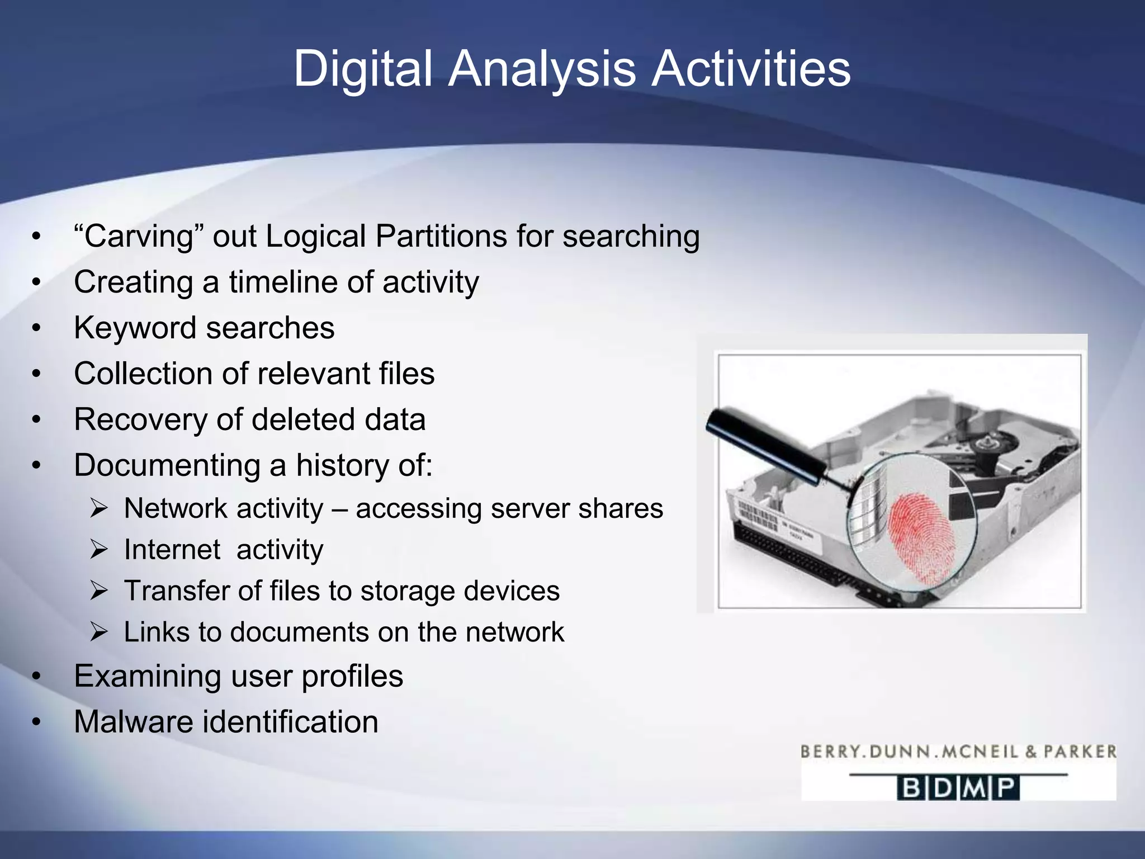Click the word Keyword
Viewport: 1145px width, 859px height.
[x=134, y=328]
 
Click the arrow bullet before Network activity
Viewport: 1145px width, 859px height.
[x=99, y=509]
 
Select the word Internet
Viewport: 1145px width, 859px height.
[x=172, y=550]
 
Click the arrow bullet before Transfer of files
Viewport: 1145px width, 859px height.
[x=99, y=591]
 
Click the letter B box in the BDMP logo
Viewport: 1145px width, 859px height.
[x=910, y=788]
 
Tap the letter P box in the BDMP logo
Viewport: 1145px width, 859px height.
[x=1007, y=788]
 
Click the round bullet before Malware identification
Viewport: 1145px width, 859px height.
[x=36, y=722]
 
